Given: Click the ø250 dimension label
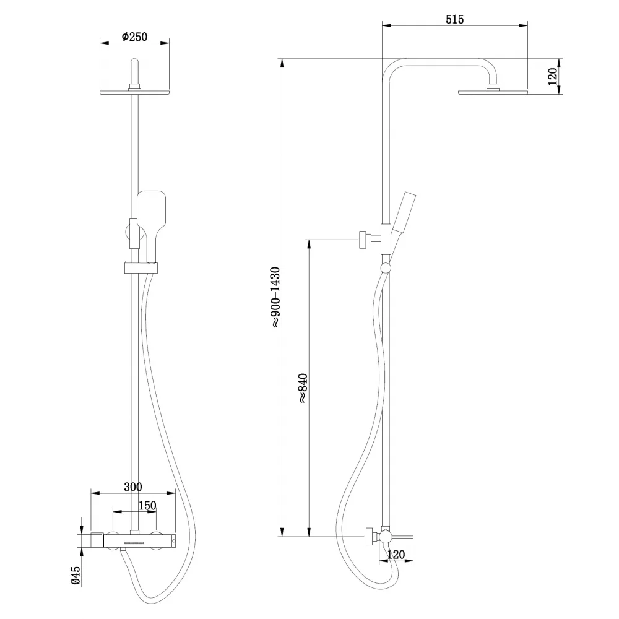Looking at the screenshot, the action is (x=134, y=37).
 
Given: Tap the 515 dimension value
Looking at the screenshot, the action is (x=455, y=19).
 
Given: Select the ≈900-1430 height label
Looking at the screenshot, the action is (x=275, y=297).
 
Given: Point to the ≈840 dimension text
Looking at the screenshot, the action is (x=303, y=387).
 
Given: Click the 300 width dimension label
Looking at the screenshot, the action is (x=133, y=487).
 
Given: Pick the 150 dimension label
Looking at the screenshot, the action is (x=147, y=505).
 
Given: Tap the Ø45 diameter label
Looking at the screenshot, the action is (x=76, y=575).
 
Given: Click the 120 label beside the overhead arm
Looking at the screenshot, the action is (x=553, y=76).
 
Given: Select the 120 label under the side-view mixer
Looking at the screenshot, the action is (x=396, y=555).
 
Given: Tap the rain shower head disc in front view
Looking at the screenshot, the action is (x=134, y=92).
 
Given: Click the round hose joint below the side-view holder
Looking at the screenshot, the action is (x=385, y=268).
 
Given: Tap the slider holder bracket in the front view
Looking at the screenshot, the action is (x=141, y=268).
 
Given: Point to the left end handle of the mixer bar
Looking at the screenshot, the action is (x=97, y=540).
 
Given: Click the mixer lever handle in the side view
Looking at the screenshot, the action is (x=402, y=537).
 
